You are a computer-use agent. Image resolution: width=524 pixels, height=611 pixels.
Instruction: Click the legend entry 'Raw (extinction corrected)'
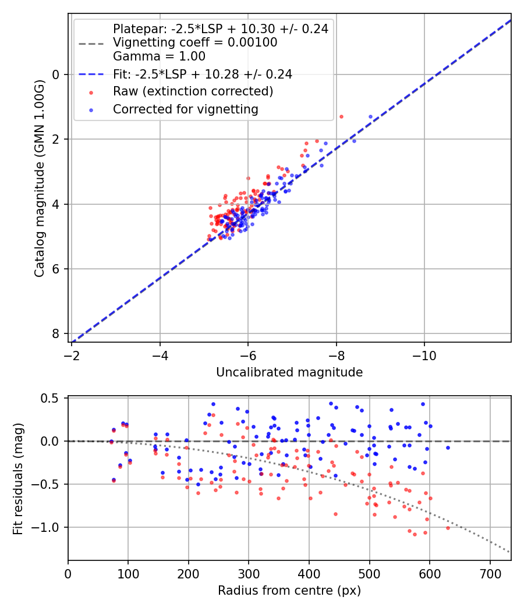tap(193, 91)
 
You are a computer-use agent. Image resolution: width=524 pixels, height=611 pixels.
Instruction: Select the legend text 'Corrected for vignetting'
tap(185, 109)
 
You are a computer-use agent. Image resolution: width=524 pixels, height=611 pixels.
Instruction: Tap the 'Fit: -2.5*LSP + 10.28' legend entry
tap(203, 74)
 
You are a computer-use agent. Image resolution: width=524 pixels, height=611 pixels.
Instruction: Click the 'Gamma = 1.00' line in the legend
tap(159, 56)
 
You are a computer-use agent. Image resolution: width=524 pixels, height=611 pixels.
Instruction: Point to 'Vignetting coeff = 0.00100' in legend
tap(195, 42)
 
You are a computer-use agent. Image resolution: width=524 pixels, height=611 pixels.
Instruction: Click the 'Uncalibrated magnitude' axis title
tap(289, 372)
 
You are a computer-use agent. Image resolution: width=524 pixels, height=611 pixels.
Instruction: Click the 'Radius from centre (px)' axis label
tap(289, 591)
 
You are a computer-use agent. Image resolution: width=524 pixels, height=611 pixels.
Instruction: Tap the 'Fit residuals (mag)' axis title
tap(18, 478)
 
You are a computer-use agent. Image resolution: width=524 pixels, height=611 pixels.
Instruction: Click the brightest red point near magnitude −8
tap(341, 116)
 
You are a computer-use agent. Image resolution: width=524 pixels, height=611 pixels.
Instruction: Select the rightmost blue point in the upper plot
tap(370, 116)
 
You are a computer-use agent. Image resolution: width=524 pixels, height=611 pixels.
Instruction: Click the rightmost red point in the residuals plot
tap(448, 528)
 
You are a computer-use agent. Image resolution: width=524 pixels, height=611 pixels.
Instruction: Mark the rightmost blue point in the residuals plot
tap(448, 447)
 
